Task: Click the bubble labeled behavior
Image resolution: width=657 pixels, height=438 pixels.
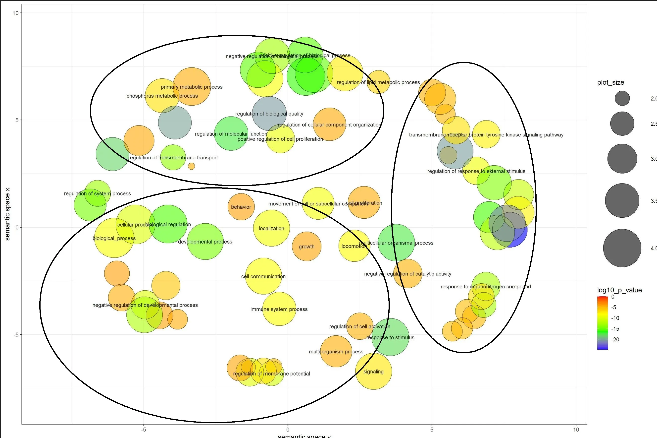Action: [x=241, y=207]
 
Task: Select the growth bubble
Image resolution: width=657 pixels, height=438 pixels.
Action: [x=306, y=246]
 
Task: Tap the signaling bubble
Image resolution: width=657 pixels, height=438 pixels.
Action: [x=373, y=371]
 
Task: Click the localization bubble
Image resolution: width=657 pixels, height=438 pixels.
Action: [x=271, y=228]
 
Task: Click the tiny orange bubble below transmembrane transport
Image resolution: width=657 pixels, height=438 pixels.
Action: [x=192, y=166]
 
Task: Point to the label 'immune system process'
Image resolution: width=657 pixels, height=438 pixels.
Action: [x=279, y=309]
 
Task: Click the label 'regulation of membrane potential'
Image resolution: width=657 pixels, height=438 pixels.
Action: [x=271, y=374]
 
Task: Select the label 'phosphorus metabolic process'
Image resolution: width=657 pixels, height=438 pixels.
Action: [x=162, y=96]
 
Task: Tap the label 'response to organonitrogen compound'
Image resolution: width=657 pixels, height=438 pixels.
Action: [x=486, y=287]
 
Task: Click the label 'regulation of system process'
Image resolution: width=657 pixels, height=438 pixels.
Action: [x=98, y=193]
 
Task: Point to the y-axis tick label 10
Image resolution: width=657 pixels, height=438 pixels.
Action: [x=15, y=13]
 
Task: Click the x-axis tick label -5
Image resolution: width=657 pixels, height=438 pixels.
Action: [x=144, y=430]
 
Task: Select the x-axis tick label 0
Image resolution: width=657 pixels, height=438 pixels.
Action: [x=288, y=430]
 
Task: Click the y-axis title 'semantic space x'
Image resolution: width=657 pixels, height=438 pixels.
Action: [x=7, y=214]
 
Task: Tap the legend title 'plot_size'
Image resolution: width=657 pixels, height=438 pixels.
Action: [x=611, y=82]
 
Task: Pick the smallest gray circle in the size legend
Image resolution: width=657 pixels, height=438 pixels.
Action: [x=622, y=98]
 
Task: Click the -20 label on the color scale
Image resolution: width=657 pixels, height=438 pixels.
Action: [x=615, y=339]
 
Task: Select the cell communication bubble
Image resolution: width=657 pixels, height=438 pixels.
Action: [x=263, y=276]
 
